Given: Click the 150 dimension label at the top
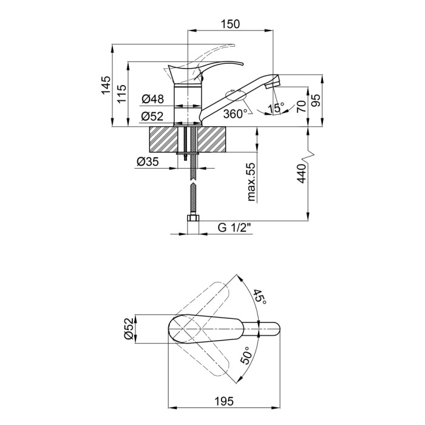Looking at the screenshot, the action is (230, 24).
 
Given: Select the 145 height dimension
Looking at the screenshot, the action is (106, 85).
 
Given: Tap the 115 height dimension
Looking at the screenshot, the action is (121, 93).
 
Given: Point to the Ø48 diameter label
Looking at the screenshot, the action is (153, 99).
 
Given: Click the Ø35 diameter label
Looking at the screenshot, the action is (148, 162).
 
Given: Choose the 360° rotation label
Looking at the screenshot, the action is (235, 114).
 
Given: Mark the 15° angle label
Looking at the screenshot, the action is (276, 108).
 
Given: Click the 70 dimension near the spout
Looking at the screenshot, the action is (301, 106).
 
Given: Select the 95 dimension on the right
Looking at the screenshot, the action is (316, 100).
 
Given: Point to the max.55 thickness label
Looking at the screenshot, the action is (251, 182).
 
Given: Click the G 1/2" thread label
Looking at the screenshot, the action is (236, 228).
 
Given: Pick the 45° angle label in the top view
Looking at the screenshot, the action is (260, 296).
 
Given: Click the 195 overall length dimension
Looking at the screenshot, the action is (224, 401).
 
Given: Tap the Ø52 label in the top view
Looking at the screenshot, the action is (129, 328).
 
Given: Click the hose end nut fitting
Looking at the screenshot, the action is (193, 218).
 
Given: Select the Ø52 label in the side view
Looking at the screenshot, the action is (152, 117).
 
